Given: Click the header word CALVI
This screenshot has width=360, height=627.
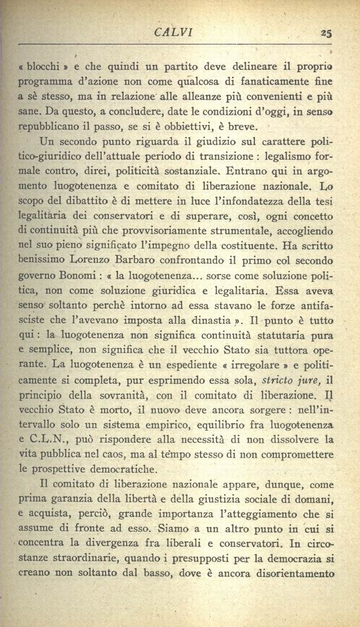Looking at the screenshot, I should click(x=173, y=32).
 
